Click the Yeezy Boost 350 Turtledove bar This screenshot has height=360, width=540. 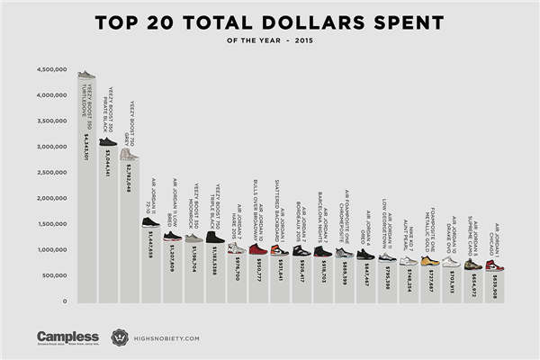[86, 198]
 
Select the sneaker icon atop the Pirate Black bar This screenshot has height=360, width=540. [108, 141]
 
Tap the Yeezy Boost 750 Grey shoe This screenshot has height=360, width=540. [129, 154]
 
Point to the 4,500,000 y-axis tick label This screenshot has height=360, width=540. [53, 69]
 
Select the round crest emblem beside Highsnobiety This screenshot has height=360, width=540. [120, 337]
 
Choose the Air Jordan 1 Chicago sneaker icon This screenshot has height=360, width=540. [494, 265]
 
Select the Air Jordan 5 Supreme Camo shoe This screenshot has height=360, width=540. [472, 264]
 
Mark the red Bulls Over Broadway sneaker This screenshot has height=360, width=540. [256, 248]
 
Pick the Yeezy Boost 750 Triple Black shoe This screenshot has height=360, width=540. [215, 237]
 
